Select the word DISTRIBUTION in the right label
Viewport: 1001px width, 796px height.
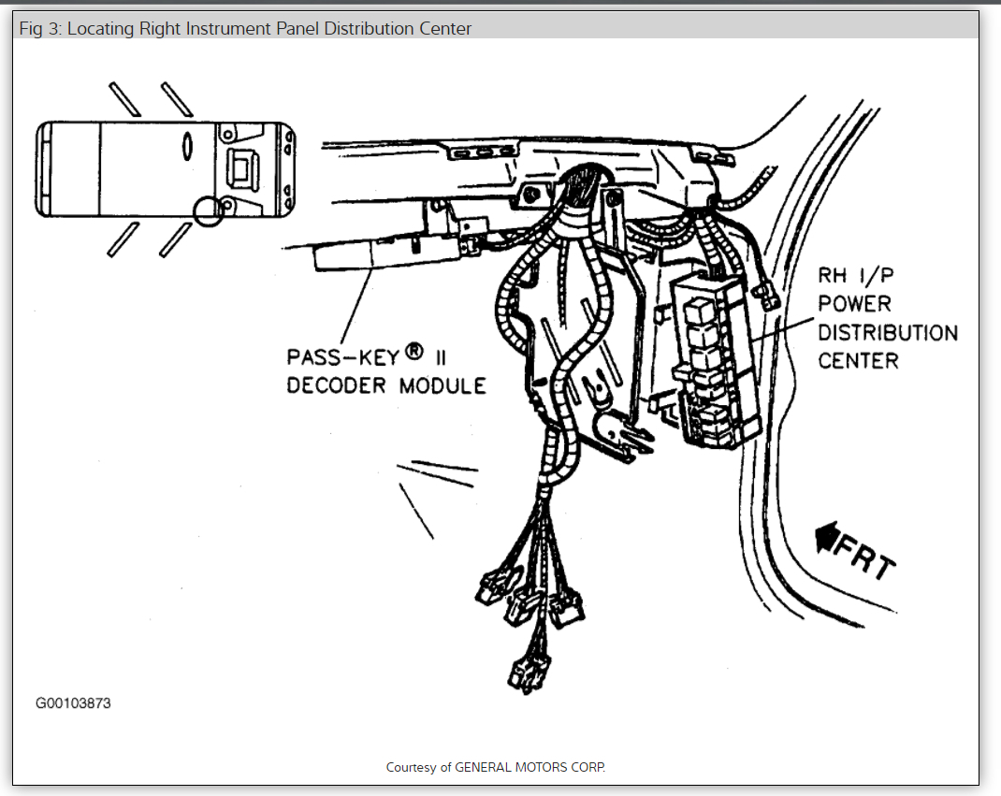(888, 332)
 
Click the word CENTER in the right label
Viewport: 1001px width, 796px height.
(858, 360)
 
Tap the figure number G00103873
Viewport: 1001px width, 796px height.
(73, 702)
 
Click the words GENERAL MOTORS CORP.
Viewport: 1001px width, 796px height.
(530, 767)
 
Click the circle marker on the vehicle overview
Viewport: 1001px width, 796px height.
(208, 211)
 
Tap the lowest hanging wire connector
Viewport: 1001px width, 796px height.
(521, 671)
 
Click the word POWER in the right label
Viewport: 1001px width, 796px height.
(854, 304)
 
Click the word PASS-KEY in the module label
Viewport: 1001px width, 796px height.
(342, 356)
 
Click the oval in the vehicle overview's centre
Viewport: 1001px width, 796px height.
(187, 145)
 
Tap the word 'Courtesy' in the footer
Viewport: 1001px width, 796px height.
(410, 767)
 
